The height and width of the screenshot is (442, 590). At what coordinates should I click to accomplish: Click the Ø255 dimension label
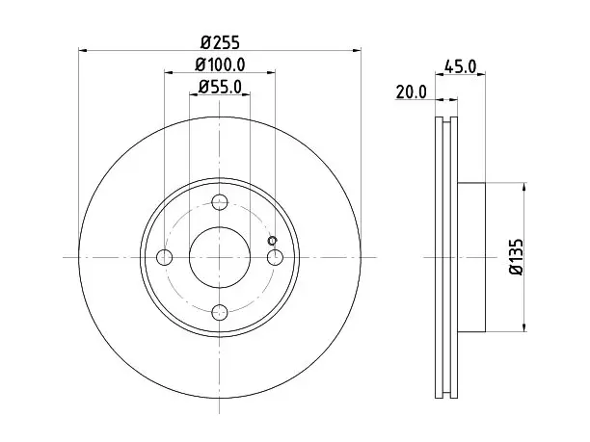click(x=220, y=42)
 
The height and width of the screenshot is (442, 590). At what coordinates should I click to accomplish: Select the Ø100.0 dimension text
click(x=220, y=65)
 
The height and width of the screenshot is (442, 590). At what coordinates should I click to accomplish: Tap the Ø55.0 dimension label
click(x=220, y=88)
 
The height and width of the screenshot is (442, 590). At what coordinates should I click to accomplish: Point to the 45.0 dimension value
click(x=460, y=66)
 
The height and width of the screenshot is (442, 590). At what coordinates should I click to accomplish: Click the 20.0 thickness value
click(x=412, y=92)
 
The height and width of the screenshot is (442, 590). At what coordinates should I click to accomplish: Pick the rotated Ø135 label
click(x=516, y=257)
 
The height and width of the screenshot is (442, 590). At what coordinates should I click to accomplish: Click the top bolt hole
click(x=220, y=202)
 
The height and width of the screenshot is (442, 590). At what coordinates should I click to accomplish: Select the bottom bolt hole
click(x=220, y=312)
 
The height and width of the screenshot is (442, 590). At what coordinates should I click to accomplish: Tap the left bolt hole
click(x=164, y=257)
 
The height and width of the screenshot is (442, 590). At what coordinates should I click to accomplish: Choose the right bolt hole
click(x=275, y=257)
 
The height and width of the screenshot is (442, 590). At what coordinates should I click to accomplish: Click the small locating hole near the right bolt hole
click(x=272, y=241)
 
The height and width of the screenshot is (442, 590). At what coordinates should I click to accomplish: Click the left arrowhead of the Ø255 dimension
click(x=82, y=50)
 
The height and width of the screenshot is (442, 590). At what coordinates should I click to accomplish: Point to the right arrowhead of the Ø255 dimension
click(x=357, y=50)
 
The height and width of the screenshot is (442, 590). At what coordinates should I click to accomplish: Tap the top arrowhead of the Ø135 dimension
click(x=523, y=187)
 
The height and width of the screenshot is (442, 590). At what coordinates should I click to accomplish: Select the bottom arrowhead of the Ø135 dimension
click(x=523, y=327)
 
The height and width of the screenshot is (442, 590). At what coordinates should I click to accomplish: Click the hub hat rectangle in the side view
click(x=471, y=257)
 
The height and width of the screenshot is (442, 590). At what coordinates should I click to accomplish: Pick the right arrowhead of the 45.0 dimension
click(x=481, y=74)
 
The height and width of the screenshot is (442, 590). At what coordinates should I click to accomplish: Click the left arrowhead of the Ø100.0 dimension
click(x=169, y=72)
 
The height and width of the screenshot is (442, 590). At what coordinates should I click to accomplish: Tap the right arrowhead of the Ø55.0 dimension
click(x=246, y=94)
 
